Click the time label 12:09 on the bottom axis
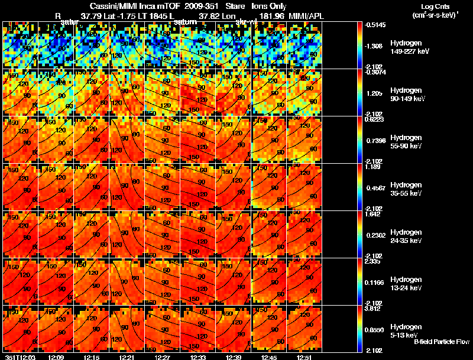(x=56, y=356)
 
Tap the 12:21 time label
(x=127, y=356)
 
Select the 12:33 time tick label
(x=199, y=356)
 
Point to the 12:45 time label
(x=270, y=356)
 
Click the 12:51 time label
(x=305, y=356)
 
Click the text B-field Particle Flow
(x=441, y=342)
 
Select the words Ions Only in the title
(x=268, y=6)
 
